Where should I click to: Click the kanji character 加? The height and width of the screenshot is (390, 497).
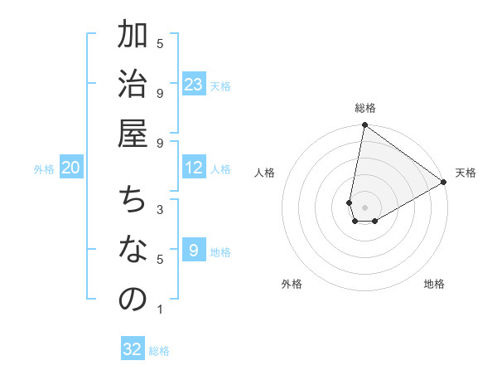133,37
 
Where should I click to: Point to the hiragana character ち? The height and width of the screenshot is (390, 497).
133,202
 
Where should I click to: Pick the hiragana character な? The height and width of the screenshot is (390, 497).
133,251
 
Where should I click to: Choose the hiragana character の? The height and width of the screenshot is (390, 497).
133,300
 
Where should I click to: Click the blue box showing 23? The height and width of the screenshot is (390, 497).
194,85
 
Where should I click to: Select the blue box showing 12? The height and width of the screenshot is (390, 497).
194,168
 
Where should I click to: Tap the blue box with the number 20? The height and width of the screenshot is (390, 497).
70,168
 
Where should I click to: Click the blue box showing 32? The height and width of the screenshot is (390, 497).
133,349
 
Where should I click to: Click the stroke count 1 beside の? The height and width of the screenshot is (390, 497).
160,310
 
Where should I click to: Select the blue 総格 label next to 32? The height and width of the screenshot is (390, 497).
159,351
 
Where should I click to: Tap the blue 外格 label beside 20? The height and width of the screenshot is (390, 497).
44,169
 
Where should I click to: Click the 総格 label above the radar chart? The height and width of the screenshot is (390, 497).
364,108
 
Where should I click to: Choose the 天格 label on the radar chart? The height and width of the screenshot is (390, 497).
466,173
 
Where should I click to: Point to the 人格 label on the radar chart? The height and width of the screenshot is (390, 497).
265,173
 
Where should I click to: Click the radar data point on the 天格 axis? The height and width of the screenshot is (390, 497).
444,183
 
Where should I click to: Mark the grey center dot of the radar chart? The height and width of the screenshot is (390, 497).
364,207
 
